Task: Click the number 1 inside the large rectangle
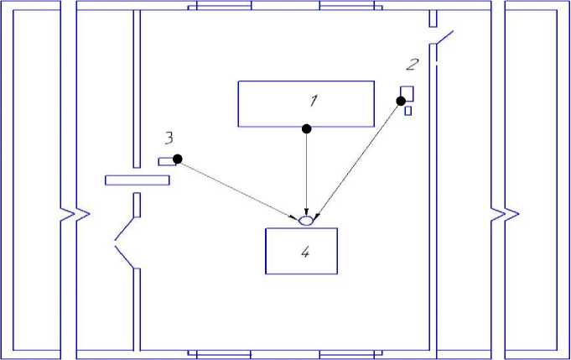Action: (x=313, y=102)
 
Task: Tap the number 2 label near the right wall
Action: (x=410, y=64)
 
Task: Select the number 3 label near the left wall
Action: (x=169, y=137)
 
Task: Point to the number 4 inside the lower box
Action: (x=305, y=251)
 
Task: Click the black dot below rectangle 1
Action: (x=307, y=128)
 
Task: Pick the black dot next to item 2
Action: (x=398, y=101)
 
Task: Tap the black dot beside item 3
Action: (x=177, y=159)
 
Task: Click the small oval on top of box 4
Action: (x=306, y=221)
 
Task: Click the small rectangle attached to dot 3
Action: (x=166, y=160)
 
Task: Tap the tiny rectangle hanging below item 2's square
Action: (x=408, y=110)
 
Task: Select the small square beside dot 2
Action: (x=407, y=93)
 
